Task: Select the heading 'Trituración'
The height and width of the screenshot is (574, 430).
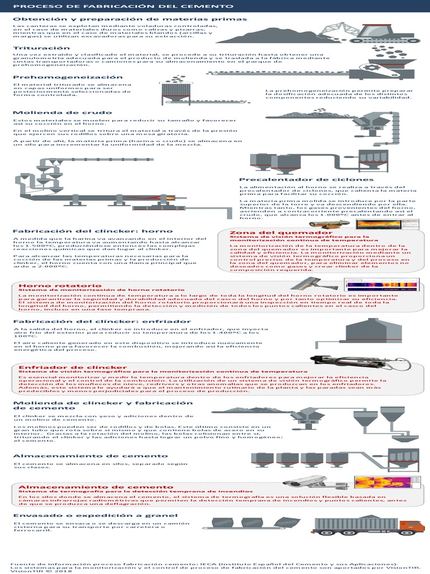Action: [38, 49]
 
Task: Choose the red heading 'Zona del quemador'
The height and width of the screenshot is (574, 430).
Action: [265, 233]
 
